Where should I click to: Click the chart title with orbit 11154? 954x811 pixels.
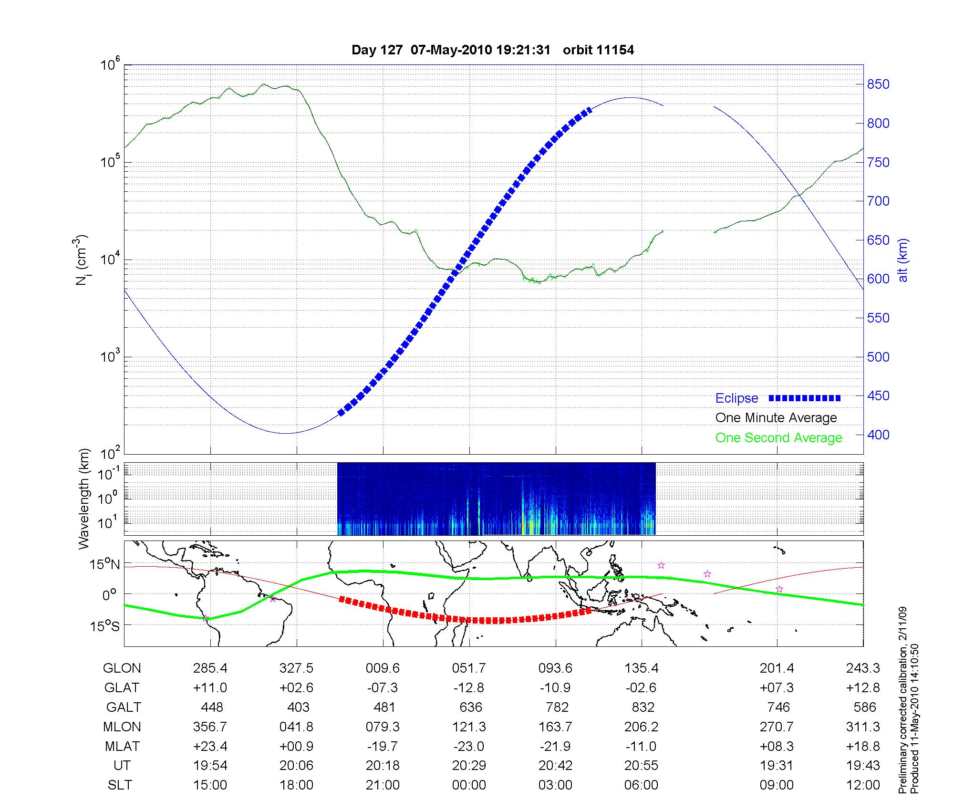click(492, 50)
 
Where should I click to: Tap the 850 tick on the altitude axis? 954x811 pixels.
click(878, 84)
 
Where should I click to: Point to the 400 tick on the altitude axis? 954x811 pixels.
click(878, 435)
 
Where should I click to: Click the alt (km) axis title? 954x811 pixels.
click(902, 260)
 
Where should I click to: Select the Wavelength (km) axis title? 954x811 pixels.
click(84, 499)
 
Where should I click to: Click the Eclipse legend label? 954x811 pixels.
click(736, 398)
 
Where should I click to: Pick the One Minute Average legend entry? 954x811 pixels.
click(776, 418)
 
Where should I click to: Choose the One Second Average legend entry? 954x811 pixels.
click(778, 437)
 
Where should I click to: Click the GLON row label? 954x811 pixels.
click(122, 668)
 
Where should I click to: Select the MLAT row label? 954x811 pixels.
click(122, 746)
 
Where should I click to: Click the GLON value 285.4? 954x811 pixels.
click(210, 668)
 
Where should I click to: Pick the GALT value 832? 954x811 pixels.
click(642, 707)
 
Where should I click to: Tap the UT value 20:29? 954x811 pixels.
click(469, 766)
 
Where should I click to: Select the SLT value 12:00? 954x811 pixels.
click(863, 785)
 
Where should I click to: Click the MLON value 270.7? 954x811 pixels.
click(777, 727)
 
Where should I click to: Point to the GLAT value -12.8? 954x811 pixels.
click(469, 687)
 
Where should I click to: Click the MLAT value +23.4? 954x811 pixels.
click(210, 746)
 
